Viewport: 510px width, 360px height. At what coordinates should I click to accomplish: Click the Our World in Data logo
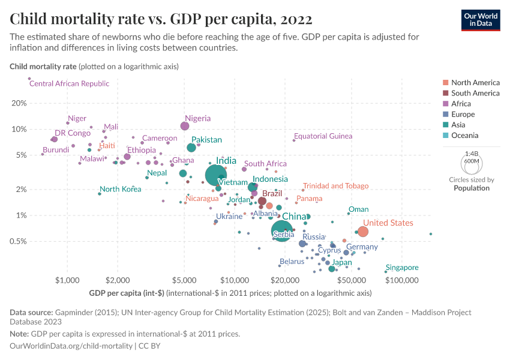pyautogui.click(x=480, y=20)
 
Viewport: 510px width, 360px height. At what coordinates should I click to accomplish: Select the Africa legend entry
pyautogui.click(x=463, y=104)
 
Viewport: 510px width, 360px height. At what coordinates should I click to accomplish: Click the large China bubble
pyautogui.click(x=282, y=230)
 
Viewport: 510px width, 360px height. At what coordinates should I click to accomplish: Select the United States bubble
pyautogui.click(x=362, y=232)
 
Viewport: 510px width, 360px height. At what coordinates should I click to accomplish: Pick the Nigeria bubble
pyautogui.click(x=185, y=125)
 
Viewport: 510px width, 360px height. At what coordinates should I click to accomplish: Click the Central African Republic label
pyautogui.click(x=69, y=83)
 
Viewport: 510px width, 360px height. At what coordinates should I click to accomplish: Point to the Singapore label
pyautogui.click(x=402, y=268)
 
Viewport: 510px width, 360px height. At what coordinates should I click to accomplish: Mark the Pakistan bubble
pyautogui.click(x=191, y=148)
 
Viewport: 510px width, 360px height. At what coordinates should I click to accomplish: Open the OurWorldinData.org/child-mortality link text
pyautogui.click(x=71, y=346)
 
